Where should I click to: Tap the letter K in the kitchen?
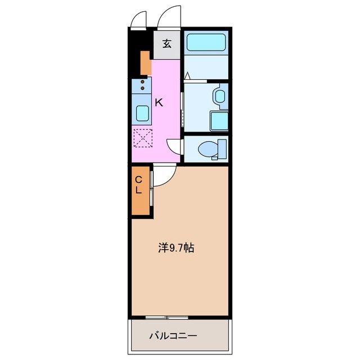159,102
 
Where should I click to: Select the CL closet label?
138,185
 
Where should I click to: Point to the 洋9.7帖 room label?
176,247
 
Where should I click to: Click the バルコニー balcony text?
173,336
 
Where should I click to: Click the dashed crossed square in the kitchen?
143,138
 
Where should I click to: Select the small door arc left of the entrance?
138,20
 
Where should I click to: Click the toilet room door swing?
176,146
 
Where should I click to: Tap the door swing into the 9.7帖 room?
163,176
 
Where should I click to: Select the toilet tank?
222,148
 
